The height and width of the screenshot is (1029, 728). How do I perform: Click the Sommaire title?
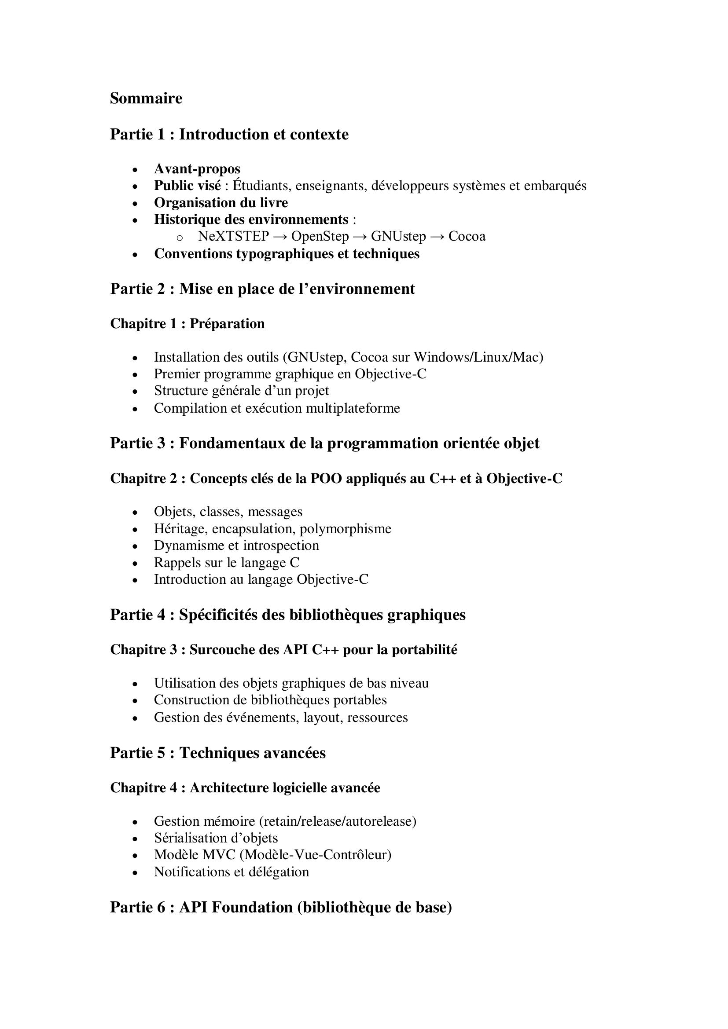point(146,98)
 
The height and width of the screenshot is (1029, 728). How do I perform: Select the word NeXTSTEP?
point(234,236)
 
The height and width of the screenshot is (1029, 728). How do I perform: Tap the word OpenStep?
point(320,236)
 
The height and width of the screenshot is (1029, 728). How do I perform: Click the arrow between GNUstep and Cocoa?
point(437,236)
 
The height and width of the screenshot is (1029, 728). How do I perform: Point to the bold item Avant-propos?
point(197,169)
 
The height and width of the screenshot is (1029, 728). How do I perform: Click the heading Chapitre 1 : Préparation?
point(188,324)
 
